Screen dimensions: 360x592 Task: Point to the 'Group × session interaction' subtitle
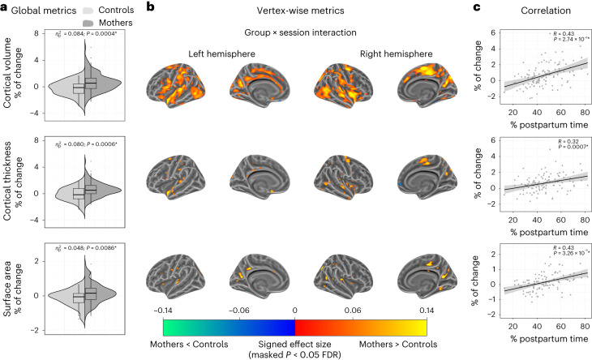pos(285,34)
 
